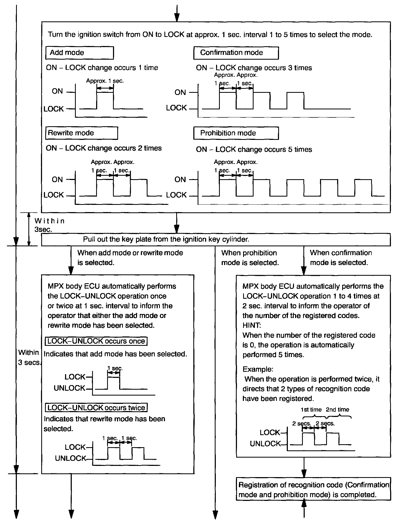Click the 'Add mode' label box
pos(80,53)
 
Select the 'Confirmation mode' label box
pos(236,53)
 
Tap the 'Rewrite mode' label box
pos(81,133)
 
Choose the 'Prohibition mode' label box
pos(236,133)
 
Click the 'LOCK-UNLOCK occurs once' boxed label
pos(96,341)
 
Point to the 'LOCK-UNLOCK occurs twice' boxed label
pos(96,408)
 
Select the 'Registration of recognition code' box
pos(313,490)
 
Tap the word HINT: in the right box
pos(251,325)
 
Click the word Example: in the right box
pos(258,369)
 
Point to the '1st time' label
pos(311,409)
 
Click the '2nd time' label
pos(337,409)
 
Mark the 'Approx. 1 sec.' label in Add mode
pos(105,81)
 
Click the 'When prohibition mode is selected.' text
pos(250,258)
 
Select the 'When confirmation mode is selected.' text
pos(341,258)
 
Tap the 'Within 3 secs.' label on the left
pos(29,358)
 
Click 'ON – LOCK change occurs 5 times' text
pos(254,149)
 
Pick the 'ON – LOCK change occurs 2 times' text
pos(104,148)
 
